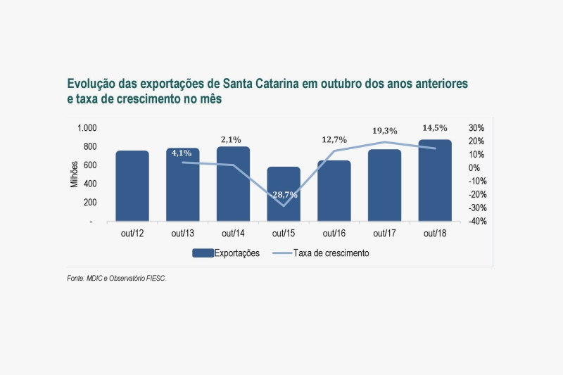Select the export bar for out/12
(132, 186)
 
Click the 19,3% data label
(385, 131)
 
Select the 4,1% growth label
(182, 153)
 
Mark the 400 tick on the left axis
(89, 184)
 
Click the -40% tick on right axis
(476, 222)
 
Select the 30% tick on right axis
(476, 128)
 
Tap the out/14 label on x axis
(233, 234)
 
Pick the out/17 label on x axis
(384, 234)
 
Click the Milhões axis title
(74, 174)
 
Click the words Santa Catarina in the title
(259, 84)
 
